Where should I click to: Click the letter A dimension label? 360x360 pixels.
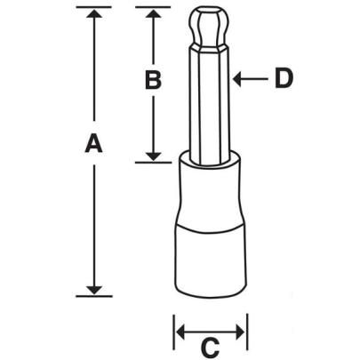(x=92, y=143)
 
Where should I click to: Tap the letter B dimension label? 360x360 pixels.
(x=152, y=81)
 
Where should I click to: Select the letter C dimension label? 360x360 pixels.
(x=210, y=345)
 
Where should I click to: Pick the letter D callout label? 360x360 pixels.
(x=283, y=79)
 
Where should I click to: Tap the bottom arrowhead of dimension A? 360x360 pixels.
(x=92, y=289)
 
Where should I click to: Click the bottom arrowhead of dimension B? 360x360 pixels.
(x=153, y=156)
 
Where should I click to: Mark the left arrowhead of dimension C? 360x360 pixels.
(x=179, y=332)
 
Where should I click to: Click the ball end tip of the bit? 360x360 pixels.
(x=209, y=27)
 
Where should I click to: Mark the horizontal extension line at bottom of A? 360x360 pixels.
(x=92, y=295)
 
